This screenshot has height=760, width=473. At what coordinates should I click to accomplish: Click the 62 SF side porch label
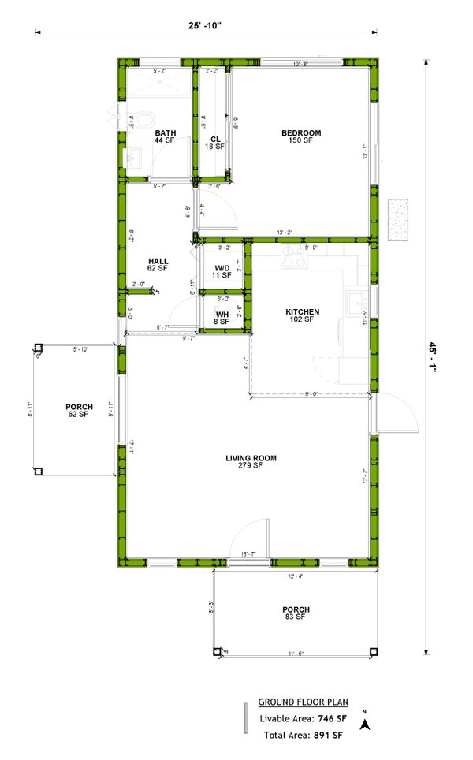(x=79, y=411)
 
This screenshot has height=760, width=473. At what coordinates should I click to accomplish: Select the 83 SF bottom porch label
(x=296, y=613)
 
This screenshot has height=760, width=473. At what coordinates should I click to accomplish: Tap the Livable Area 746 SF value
(x=330, y=718)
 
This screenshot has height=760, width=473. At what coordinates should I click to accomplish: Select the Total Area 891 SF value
(x=328, y=735)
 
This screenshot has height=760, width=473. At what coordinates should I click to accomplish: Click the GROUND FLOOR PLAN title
(x=304, y=702)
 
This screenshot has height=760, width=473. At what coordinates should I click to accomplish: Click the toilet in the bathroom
(x=144, y=120)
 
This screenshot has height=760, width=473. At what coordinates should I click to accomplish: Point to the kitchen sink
(x=357, y=300)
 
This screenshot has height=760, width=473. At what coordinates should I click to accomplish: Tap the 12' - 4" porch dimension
(x=297, y=576)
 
